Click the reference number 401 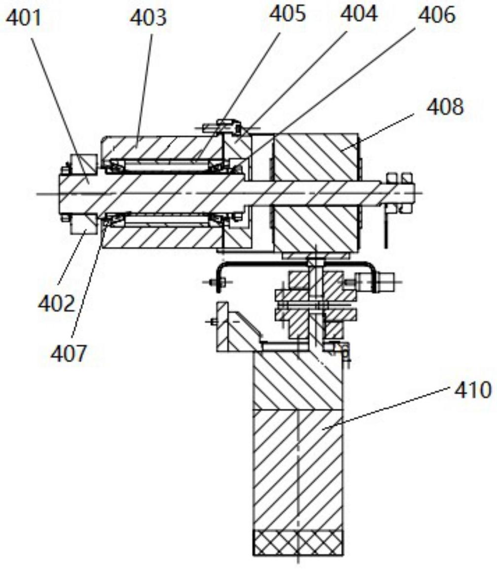(24, 19)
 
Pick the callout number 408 (445, 107)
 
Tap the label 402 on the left (56, 303)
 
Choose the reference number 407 (69, 353)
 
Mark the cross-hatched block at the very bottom (298, 542)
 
